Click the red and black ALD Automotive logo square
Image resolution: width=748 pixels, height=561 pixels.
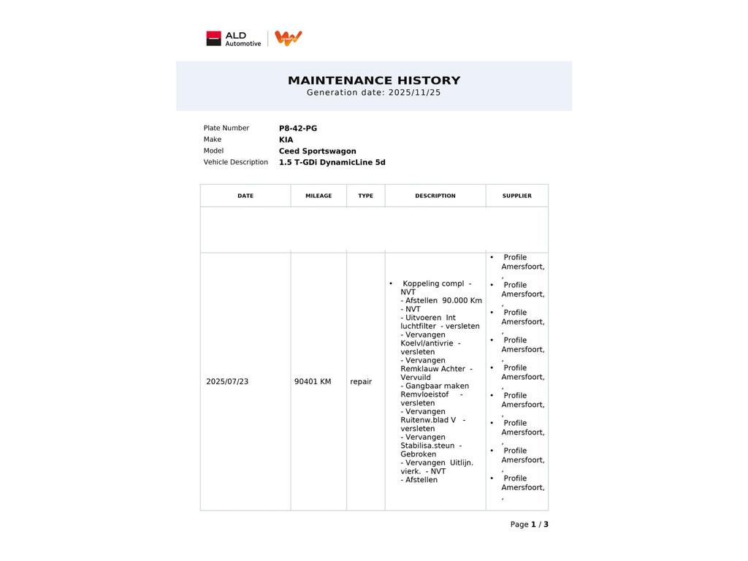coord(213,39)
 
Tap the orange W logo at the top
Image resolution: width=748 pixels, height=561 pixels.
coord(288,38)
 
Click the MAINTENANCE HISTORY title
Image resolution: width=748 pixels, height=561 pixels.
coord(374,80)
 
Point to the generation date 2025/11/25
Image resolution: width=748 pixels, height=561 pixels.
coord(414,93)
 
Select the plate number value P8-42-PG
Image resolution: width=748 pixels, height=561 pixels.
coord(298,129)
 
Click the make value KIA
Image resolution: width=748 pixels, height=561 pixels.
coord(286,140)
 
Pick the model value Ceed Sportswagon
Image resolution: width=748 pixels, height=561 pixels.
coord(317,151)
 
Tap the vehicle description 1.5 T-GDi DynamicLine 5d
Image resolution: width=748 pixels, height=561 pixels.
coord(332,162)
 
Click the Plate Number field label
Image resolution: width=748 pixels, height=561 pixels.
coord(226,129)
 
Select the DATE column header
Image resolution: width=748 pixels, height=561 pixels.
coord(245,196)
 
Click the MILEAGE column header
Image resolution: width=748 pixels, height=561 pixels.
coord(318,196)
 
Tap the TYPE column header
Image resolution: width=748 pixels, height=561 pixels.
coord(365,196)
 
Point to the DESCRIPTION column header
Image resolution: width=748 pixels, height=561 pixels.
coord(435,196)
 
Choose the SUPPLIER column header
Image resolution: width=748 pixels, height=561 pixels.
coord(517,196)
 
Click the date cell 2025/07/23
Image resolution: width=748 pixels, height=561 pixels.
coord(227,381)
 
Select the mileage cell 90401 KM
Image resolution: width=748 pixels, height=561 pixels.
coord(313,381)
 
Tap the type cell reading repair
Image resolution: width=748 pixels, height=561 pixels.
coord(361,381)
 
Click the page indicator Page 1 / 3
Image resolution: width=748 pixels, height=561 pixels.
coord(529,524)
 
